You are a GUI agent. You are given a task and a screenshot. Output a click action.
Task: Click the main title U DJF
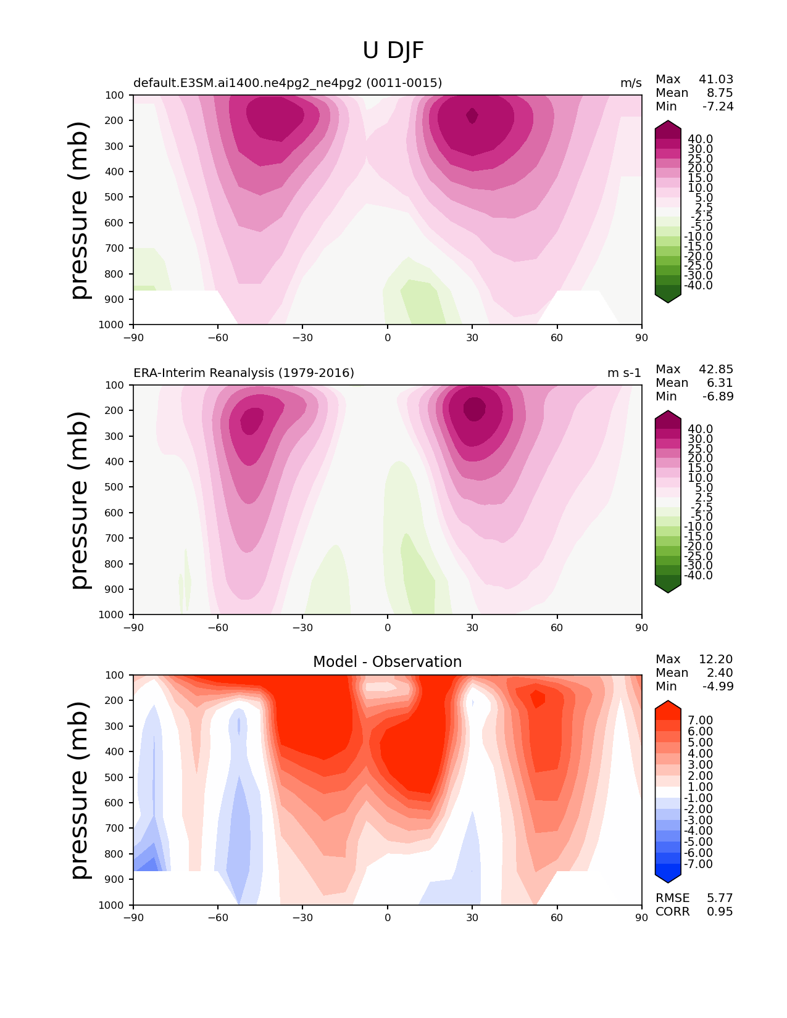point(393,51)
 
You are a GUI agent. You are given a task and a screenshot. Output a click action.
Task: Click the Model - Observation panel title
point(387,662)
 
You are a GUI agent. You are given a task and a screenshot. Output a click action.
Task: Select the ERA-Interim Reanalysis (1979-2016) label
point(244,373)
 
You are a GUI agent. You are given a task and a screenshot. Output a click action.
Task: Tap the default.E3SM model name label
point(288,83)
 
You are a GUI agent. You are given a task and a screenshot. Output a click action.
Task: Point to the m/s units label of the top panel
point(631,83)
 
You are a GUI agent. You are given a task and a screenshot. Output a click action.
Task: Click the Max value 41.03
point(716,79)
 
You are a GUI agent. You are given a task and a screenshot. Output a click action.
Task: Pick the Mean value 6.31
point(720,383)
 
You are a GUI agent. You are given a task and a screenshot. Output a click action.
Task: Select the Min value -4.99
point(718,686)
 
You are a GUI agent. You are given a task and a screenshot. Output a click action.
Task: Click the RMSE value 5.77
point(720,898)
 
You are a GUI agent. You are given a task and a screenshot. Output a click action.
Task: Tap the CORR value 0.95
point(720,911)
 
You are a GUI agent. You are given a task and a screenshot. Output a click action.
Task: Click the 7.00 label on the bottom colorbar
point(700,721)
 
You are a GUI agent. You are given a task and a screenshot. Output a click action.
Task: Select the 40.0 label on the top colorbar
point(700,139)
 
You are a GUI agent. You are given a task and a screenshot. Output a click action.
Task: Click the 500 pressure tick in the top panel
point(115,197)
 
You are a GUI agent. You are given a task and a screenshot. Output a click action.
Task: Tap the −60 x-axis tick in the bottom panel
point(218,917)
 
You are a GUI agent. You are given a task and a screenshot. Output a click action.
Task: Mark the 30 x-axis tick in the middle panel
point(472,627)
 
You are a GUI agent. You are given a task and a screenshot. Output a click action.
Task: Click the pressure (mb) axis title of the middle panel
point(80,500)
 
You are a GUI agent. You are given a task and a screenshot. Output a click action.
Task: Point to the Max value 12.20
point(716,659)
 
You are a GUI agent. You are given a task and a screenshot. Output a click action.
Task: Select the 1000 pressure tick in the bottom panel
point(112,905)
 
